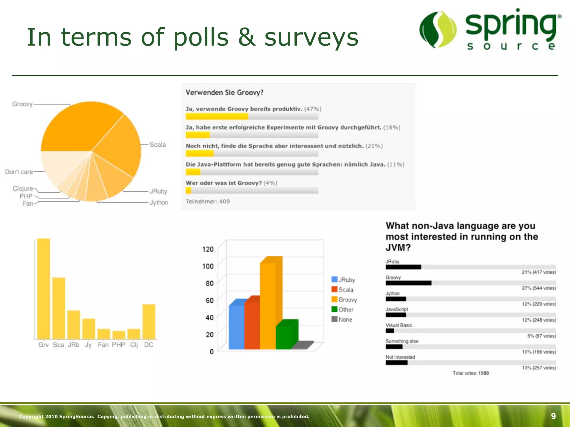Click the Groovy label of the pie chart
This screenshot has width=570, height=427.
(x=22, y=104)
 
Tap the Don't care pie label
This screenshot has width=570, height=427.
(x=19, y=172)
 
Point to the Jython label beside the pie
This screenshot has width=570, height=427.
(x=159, y=203)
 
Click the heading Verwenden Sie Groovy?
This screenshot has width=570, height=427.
(x=224, y=93)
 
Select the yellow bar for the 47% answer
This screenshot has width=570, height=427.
(x=217, y=116)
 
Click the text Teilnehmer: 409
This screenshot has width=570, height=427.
(x=208, y=202)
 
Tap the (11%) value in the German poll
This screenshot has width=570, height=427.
(x=395, y=165)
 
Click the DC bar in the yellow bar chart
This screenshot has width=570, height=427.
(x=149, y=322)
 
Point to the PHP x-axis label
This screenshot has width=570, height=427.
(x=118, y=345)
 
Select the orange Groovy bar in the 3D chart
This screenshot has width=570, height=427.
(x=268, y=306)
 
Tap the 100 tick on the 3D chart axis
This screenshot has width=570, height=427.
(x=208, y=266)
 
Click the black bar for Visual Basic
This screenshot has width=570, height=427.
(x=390, y=331)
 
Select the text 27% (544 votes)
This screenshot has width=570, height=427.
(x=539, y=288)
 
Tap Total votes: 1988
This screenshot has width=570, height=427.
(x=471, y=373)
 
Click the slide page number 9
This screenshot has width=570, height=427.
(x=553, y=416)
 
